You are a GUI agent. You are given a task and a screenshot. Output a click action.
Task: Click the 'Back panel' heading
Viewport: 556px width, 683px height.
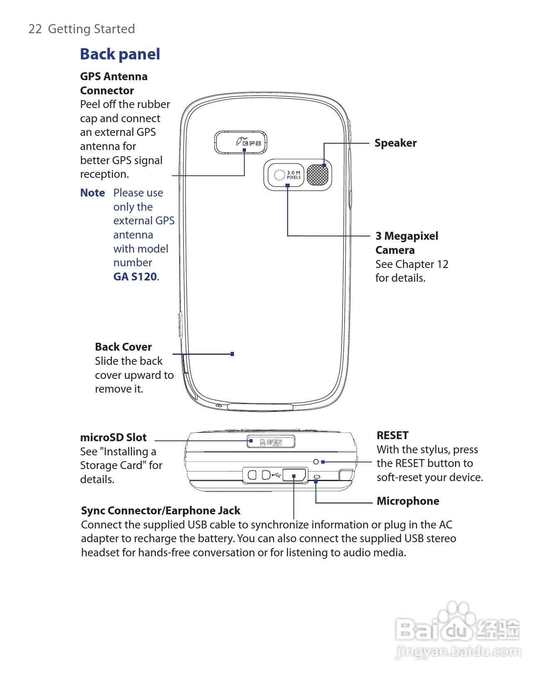[120, 54]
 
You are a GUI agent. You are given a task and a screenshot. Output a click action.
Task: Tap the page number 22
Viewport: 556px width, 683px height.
[35, 29]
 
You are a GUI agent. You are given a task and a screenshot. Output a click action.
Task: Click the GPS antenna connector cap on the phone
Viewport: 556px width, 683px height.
[241, 142]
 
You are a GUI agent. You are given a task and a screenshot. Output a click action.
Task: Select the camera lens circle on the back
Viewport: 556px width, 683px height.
[279, 175]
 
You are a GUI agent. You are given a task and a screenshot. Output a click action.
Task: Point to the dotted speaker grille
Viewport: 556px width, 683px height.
[317, 175]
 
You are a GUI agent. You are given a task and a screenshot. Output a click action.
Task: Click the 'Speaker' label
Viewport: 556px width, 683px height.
[395, 143]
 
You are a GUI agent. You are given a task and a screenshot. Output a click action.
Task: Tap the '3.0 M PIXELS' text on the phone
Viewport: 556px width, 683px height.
[293, 175]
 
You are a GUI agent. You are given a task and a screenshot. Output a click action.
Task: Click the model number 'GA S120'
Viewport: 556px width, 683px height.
[135, 277]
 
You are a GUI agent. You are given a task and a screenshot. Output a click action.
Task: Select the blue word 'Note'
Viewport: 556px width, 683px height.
[92, 193]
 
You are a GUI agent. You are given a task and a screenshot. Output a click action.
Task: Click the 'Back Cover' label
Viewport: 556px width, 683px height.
[123, 347]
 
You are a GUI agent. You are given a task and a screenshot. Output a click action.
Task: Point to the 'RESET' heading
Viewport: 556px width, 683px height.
[392, 435]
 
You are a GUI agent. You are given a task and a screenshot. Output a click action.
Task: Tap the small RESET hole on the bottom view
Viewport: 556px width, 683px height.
[316, 462]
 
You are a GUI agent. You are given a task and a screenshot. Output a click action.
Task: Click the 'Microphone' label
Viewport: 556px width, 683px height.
[408, 501]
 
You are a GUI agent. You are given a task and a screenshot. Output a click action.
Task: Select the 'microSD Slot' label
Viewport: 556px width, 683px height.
[113, 437]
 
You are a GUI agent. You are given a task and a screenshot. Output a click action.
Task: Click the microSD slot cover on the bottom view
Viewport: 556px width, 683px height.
[271, 442]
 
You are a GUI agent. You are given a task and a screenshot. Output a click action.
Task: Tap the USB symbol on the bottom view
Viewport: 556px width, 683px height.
[276, 474]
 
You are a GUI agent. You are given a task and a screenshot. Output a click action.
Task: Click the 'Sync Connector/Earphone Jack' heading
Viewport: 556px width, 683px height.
[160, 511]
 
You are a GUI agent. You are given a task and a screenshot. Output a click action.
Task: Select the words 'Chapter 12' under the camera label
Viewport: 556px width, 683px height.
[421, 264]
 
